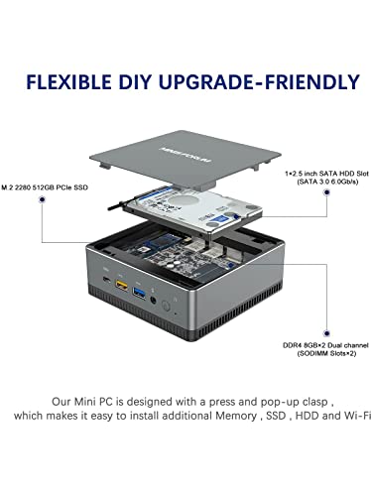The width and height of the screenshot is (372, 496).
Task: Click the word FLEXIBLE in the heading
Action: coord(68,82)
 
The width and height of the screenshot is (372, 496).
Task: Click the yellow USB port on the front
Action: coord(121,285)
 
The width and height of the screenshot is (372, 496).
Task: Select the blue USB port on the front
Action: coord(139,294)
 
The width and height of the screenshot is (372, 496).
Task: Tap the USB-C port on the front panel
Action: coord(107,279)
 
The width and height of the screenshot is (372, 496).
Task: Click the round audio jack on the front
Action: coord(154,301)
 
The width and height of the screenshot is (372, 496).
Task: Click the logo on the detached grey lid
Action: coord(186,155)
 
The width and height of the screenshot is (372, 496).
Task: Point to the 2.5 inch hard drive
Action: coord(193,210)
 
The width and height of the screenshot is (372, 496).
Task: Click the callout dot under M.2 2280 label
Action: coord(42,199)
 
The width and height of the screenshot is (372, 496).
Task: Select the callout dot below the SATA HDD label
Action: coord(326,192)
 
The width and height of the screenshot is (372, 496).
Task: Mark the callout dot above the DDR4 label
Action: coord(326,333)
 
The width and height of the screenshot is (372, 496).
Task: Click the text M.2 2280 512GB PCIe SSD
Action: coord(45,187)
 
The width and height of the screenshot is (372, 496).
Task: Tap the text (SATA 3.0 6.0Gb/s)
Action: coord(327,182)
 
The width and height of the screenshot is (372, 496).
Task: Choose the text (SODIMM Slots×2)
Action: coord(326,354)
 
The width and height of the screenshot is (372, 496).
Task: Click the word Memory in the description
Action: coord(236,416)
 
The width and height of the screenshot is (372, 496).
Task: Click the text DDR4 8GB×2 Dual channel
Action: coord(325,345)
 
